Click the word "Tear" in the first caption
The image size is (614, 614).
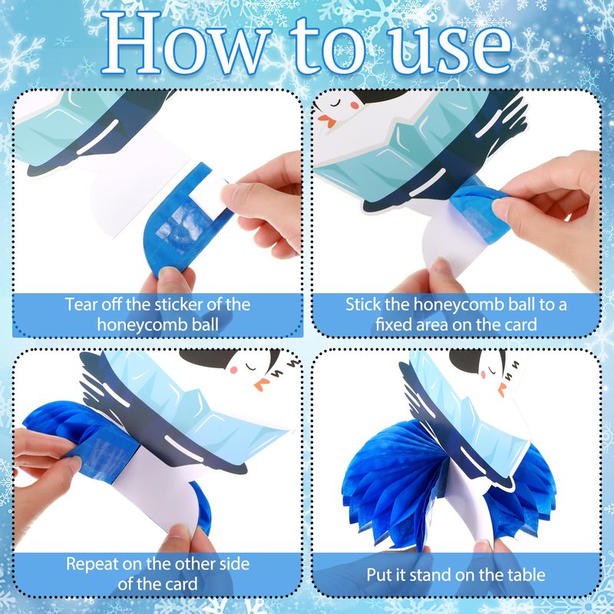pyautogui.click(x=81, y=305)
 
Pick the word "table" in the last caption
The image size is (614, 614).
pyautogui.click(x=527, y=575)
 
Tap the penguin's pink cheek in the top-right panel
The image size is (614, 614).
pyautogui.click(x=355, y=105)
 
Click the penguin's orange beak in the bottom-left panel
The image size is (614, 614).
pyautogui.click(x=262, y=385)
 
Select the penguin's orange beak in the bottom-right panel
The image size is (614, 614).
pyautogui.click(x=502, y=390)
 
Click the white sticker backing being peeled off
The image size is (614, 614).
pyautogui.click(x=207, y=196)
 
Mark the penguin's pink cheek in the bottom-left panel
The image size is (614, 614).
pyautogui.click(x=235, y=370)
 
